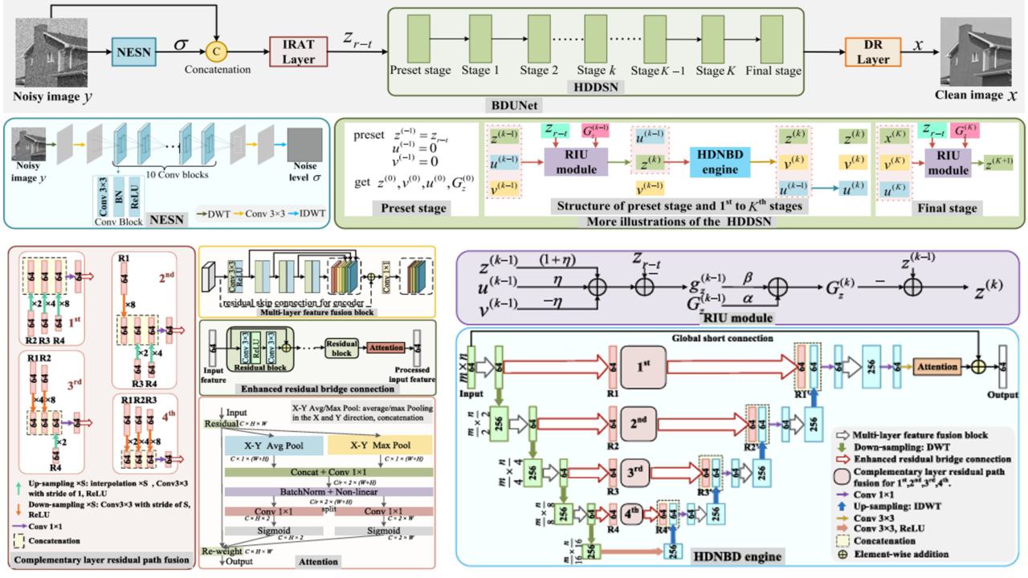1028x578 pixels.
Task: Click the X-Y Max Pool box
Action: [x=380, y=445]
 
